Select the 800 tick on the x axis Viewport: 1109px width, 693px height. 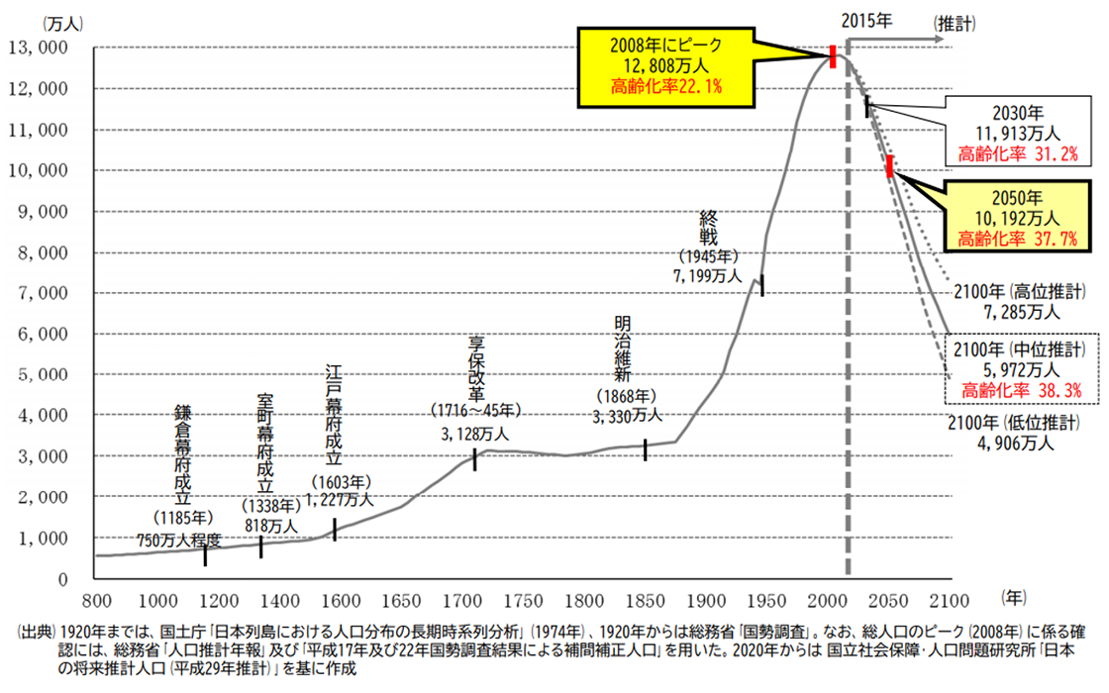[95, 599]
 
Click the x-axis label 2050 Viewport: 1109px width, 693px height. [892, 599]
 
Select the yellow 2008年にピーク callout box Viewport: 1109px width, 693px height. [667, 65]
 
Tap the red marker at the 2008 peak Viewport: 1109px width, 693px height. [833, 56]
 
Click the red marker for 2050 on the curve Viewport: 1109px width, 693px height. [890, 166]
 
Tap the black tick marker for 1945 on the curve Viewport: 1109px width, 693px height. [761, 285]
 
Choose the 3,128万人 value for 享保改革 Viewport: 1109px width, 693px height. [475, 432]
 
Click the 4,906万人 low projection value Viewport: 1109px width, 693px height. [1015, 444]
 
